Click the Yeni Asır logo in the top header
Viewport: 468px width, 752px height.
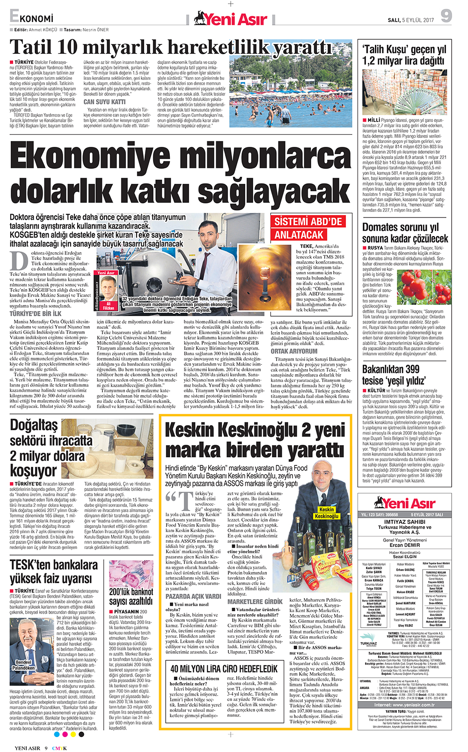pyautogui.click(x=231, y=19)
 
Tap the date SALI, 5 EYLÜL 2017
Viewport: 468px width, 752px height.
pyautogui.click(x=411, y=20)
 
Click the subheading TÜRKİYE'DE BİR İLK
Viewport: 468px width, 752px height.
pyautogui.click(x=36, y=314)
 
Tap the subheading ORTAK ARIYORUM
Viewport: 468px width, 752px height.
pyautogui.click(x=294, y=351)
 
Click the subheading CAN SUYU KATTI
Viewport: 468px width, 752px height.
pyautogui.click(x=104, y=101)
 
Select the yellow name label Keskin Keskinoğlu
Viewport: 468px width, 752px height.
pyautogui.click(x=326, y=513)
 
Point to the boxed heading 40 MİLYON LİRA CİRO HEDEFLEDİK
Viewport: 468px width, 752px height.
pyautogui.click(x=224, y=669)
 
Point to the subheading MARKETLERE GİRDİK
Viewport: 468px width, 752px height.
pyautogui.click(x=255, y=601)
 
